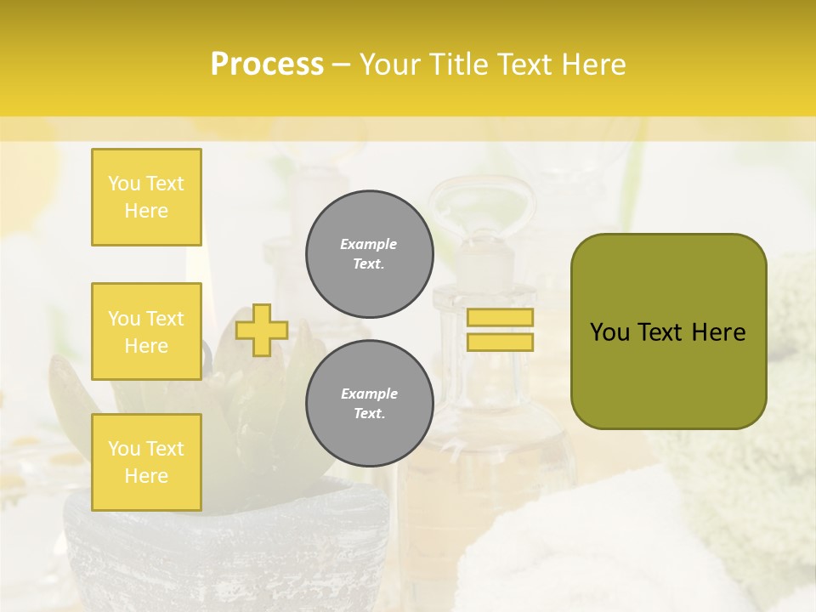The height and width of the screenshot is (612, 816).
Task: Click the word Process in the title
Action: (x=267, y=65)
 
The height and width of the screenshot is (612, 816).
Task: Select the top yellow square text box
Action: (x=146, y=197)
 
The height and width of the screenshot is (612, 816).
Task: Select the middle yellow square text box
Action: (x=146, y=331)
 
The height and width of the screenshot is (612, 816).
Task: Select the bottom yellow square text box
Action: (x=146, y=462)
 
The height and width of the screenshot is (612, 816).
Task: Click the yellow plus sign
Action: (x=262, y=330)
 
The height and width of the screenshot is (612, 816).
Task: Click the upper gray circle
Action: (x=369, y=254)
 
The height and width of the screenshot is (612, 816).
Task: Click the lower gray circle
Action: (x=369, y=404)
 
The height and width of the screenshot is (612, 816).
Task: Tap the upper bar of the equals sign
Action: (x=500, y=317)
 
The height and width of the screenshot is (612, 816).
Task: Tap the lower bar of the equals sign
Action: (x=500, y=342)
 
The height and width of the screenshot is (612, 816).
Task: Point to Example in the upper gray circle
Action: (x=369, y=244)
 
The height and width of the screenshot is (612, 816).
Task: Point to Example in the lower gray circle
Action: (x=369, y=394)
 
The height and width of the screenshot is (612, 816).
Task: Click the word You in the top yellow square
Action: (x=124, y=184)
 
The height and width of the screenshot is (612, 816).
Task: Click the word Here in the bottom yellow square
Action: (x=146, y=476)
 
